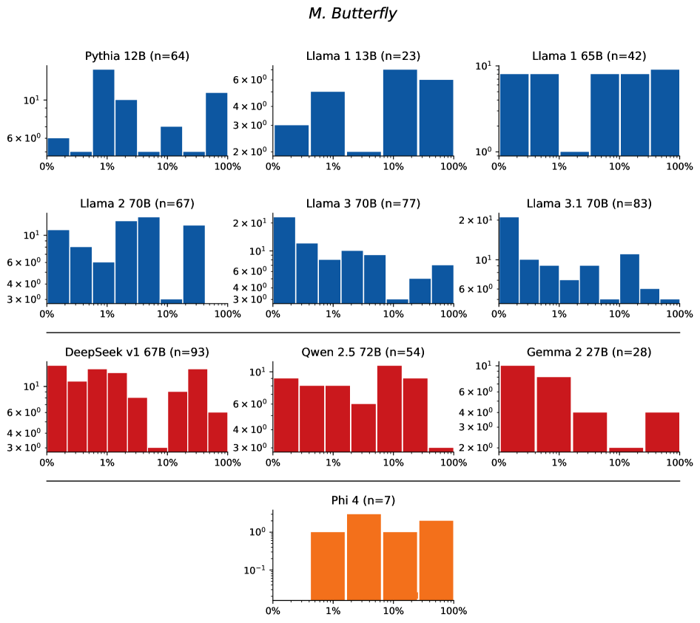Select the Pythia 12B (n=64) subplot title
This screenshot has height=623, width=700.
pyautogui.click(x=137, y=55)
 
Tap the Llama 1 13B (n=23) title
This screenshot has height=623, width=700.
pyautogui.click(x=363, y=55)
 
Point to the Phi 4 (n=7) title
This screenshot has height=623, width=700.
pyautogui.click(x=363, y=500)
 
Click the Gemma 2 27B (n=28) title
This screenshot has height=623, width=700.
pyautogui.click(x=588, y=352)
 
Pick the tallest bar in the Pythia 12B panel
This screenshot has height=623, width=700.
pyautogui.click(x=104, y=112)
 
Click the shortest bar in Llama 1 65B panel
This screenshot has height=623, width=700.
pyautogui.click(x=574, y=153)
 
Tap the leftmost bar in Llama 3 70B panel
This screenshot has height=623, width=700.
pyautogui.click(x=284, y=259)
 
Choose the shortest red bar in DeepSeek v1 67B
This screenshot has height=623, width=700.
pyautogui.click(x=157, y=449)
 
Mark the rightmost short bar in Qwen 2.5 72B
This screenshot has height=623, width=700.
pyautogui.click(x=441, y=449)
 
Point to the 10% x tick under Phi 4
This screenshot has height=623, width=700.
pyautogui.click(x=393, y=611)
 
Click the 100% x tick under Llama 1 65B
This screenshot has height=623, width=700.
pyautogui.click(x=679, y=167)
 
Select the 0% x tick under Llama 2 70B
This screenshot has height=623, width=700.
pyautogui.click(x=47, y=315)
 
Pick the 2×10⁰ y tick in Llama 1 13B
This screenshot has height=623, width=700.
pyautogui.click(x=260, y=152)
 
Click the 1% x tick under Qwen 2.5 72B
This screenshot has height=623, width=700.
pyautogui.click(x=332, y=463)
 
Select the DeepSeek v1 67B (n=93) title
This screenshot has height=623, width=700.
pyautogui.click(x=137, y=352)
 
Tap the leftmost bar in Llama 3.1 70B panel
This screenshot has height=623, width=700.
pyautogui.click(x=508, y=259)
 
